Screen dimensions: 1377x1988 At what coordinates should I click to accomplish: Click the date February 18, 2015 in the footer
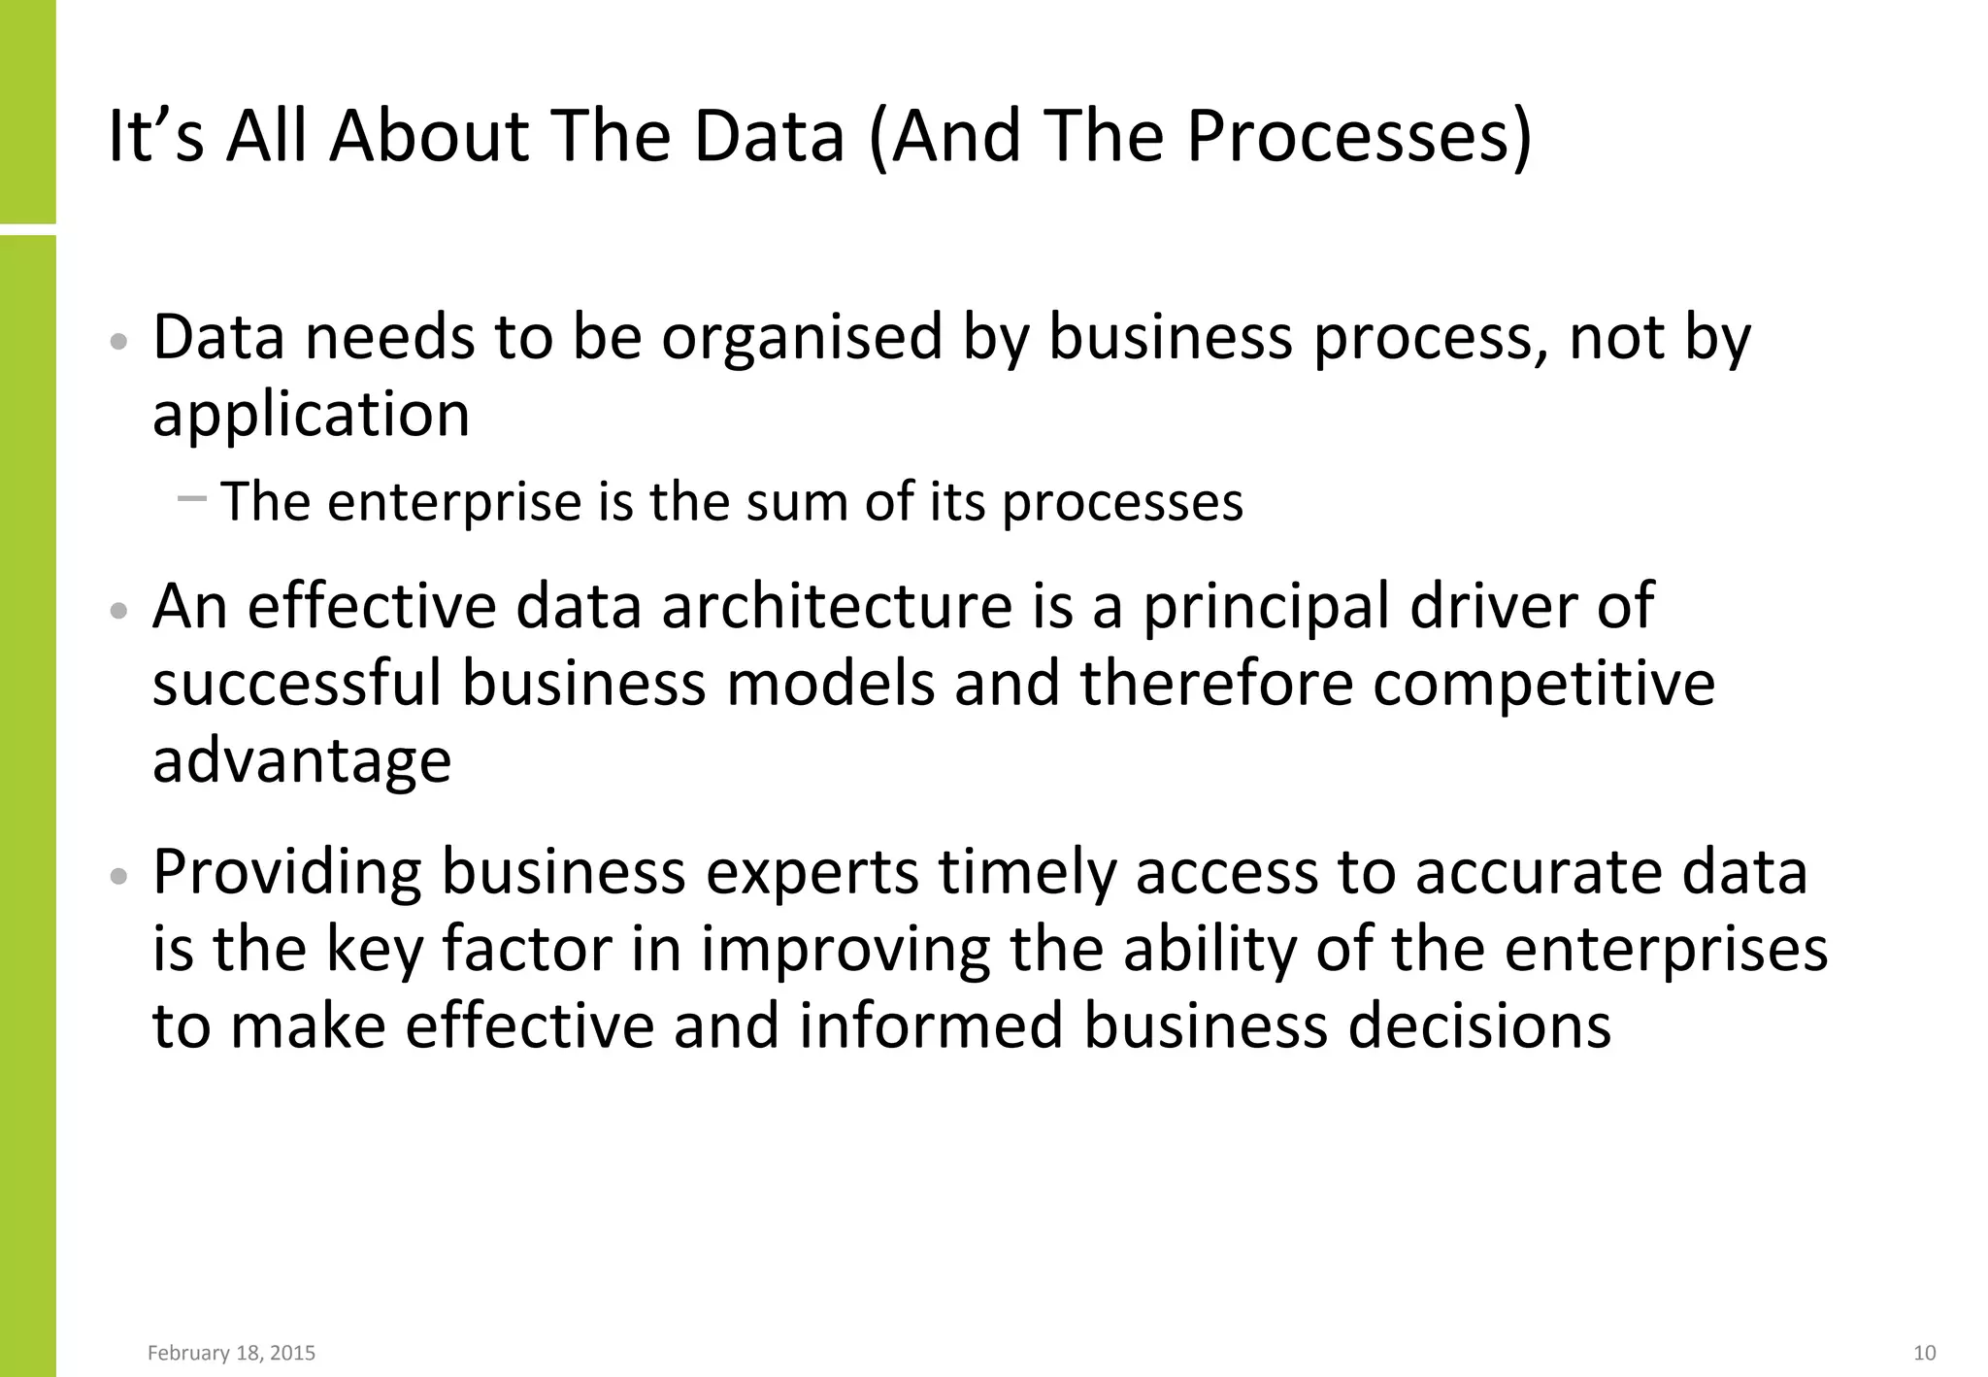coord(231,1353)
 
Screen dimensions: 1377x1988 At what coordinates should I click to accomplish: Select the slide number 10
coord(1924,1353)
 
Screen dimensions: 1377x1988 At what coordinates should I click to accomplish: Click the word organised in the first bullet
coord(802,338)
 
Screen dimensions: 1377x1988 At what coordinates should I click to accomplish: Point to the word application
coord(311,415)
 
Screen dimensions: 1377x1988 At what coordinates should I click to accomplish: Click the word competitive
coord(1543,683)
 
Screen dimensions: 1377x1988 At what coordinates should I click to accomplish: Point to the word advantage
coord(302,760)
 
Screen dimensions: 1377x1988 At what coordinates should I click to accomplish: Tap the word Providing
coord(287,873)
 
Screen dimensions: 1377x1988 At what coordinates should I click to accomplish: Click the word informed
coord(931,1025)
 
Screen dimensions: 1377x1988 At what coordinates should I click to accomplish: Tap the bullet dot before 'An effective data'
coord(119,611)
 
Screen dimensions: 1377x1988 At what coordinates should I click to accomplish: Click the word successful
coord(296,683)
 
